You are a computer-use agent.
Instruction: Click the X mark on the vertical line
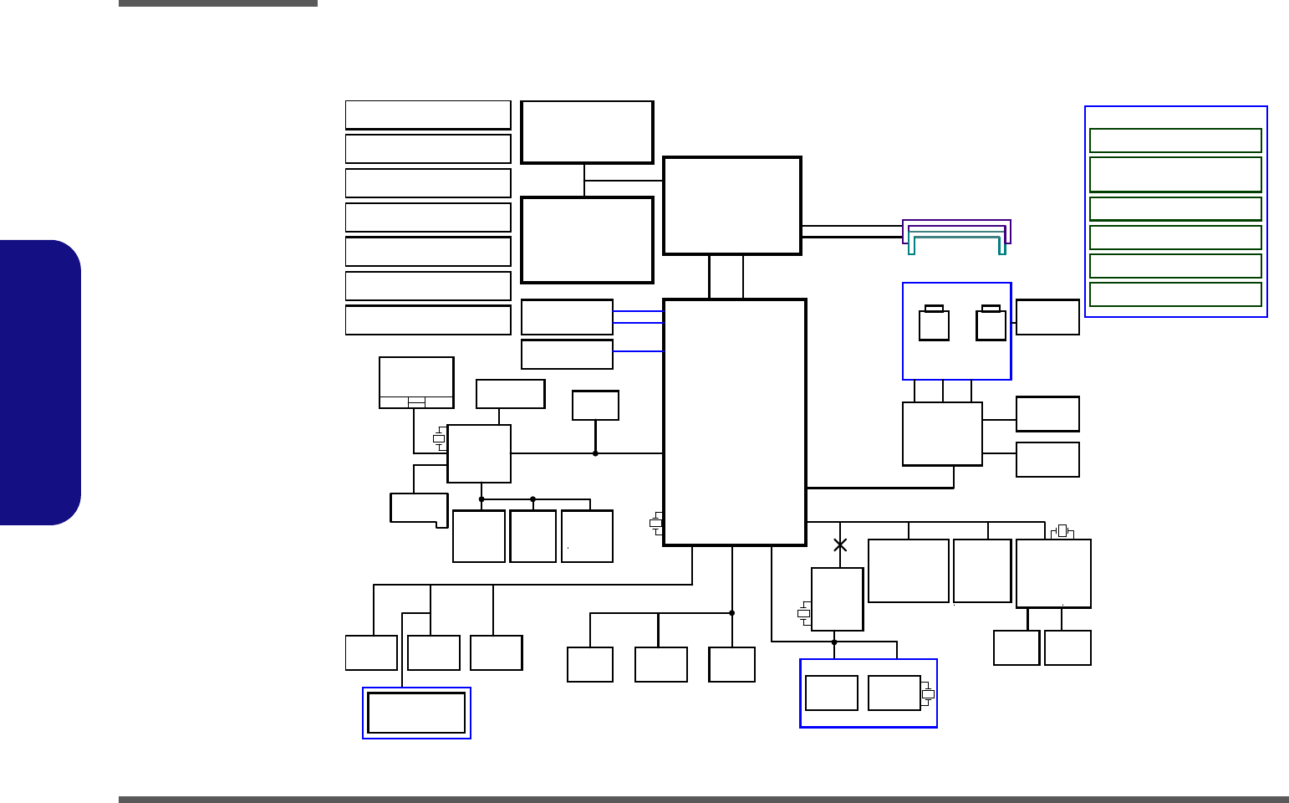pos(840,545)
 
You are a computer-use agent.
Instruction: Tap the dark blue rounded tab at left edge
pos(40,382)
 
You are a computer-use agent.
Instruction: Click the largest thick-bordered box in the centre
pos(734,422)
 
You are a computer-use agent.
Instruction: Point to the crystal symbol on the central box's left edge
pos(656,524)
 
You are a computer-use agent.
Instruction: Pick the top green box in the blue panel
pos(1174,141)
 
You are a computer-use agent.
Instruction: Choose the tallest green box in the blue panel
pos(1174,174)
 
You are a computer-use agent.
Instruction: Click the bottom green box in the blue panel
pos(1174,294)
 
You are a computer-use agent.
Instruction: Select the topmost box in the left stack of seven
pos(428,115)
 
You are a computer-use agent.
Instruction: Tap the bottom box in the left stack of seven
pos(428,320)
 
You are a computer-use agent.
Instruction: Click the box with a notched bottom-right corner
pos(418,509)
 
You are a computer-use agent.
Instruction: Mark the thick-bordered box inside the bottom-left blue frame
pos(416,713)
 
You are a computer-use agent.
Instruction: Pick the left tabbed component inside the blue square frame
pos(934,325)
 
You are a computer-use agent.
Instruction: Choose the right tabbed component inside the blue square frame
pos(991,325)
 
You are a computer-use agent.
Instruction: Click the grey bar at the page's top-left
pos(217,3)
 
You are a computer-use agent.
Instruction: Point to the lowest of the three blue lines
pos(638,351)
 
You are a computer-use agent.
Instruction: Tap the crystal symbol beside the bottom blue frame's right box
pos(928,694)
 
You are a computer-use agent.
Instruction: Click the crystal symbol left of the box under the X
pos(803,613)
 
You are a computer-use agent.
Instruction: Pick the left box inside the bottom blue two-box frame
pos(831,693)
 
